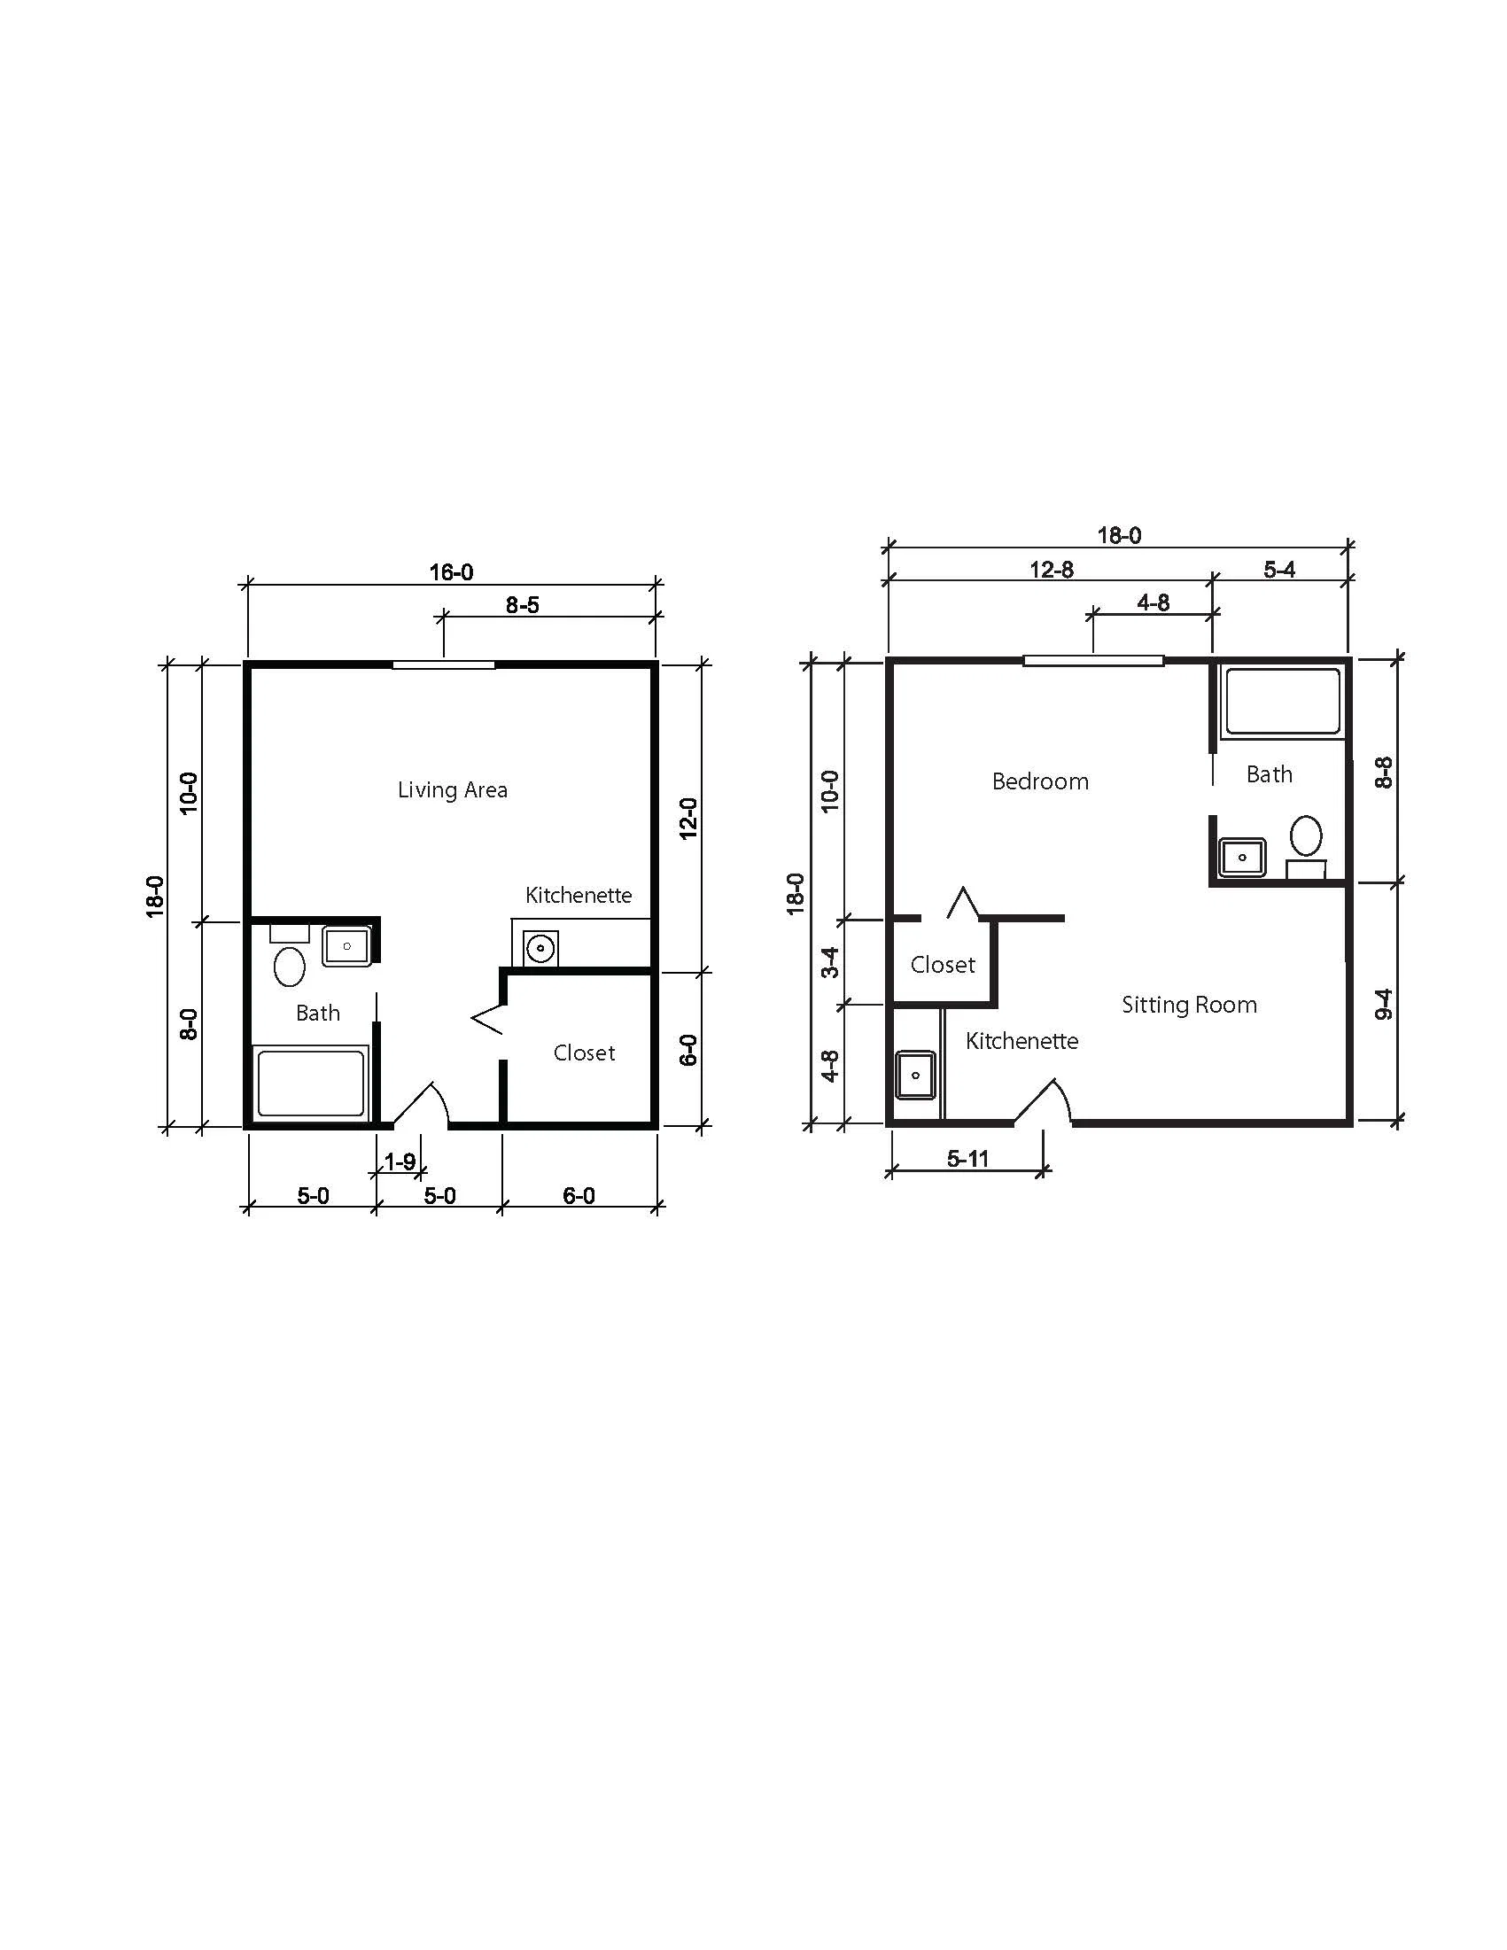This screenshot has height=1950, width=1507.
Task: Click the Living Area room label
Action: point(453,790)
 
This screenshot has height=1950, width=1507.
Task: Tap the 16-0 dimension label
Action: point(451,571)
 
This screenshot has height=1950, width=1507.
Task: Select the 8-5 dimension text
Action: point(523,605)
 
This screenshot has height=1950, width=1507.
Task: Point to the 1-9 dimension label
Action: point(399,1161)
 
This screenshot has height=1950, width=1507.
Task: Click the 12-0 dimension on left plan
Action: point(687,818)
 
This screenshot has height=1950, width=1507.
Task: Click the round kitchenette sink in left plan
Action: point(540,948)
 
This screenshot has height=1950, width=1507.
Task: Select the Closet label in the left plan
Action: point(584,1053)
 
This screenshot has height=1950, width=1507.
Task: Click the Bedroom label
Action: point(1040,782)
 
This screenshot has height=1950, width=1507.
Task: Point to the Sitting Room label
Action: point(1189,1006)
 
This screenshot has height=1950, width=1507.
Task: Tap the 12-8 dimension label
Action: point(1051,570)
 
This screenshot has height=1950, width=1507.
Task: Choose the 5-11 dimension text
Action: point(967,1159)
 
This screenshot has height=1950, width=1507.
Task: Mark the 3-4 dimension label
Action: point(830,962)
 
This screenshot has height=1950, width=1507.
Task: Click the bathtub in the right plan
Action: point(1282,703)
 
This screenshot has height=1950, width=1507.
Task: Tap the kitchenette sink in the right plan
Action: point(915,1075)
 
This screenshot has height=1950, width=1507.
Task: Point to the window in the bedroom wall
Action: point(1093,661)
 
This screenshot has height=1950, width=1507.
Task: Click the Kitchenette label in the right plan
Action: point(1022,1041)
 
